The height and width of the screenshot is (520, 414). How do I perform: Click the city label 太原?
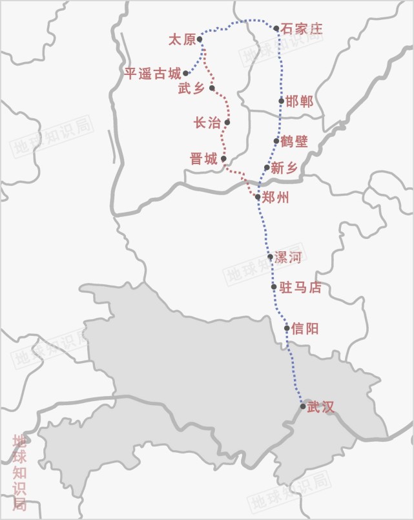[x=181, y=40]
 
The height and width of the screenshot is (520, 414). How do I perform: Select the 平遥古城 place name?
[x=152, y=74]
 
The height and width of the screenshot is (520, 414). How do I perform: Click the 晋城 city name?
[x=203, y=159]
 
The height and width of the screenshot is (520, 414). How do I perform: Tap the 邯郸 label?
[x=300, y=101]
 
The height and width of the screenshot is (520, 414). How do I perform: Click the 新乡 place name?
[x=285, y=168]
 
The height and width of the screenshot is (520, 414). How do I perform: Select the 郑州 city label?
[x=276, y=198]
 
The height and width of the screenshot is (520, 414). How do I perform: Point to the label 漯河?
[x=288, y=258]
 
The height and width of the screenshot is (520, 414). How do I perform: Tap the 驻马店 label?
[x=300, y=287]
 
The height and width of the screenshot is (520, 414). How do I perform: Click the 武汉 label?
[x=322, y=407]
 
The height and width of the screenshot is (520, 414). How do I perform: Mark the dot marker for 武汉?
[x=303, y=406]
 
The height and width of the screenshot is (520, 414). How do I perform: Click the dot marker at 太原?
[x=200, y=39]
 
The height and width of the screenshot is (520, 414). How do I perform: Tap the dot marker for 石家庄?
[x=276, y=28]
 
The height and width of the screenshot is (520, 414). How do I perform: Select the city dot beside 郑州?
[x=258, y=197]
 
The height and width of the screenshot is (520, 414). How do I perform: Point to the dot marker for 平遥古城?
[x=185, y=73]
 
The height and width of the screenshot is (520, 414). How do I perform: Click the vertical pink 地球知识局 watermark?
[x=20, y=472]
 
